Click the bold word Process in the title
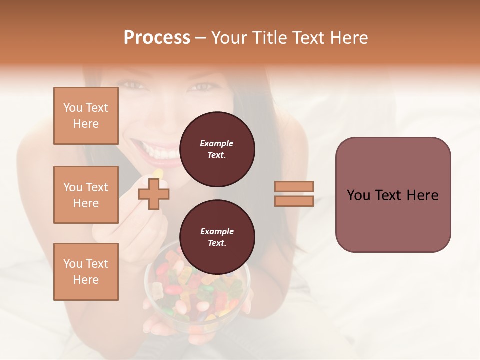(x=157, y=38)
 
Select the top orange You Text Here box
(x=86, y=116)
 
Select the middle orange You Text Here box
(x=86, y=195)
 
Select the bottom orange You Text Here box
(x=86, y=272)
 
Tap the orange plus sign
(x=154, y=194)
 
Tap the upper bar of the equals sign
(x=294, y=186)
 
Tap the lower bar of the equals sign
(x=294, y=201)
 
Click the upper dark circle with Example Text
(x=217, y=149)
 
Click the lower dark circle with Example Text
(x=217, y=237)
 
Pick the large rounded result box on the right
(x=393, y=195)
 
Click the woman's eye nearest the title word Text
(x=202, y=87)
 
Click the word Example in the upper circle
(x=217, y=143)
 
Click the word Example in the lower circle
(x=217, y=231)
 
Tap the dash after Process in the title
(x=201, y=38)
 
